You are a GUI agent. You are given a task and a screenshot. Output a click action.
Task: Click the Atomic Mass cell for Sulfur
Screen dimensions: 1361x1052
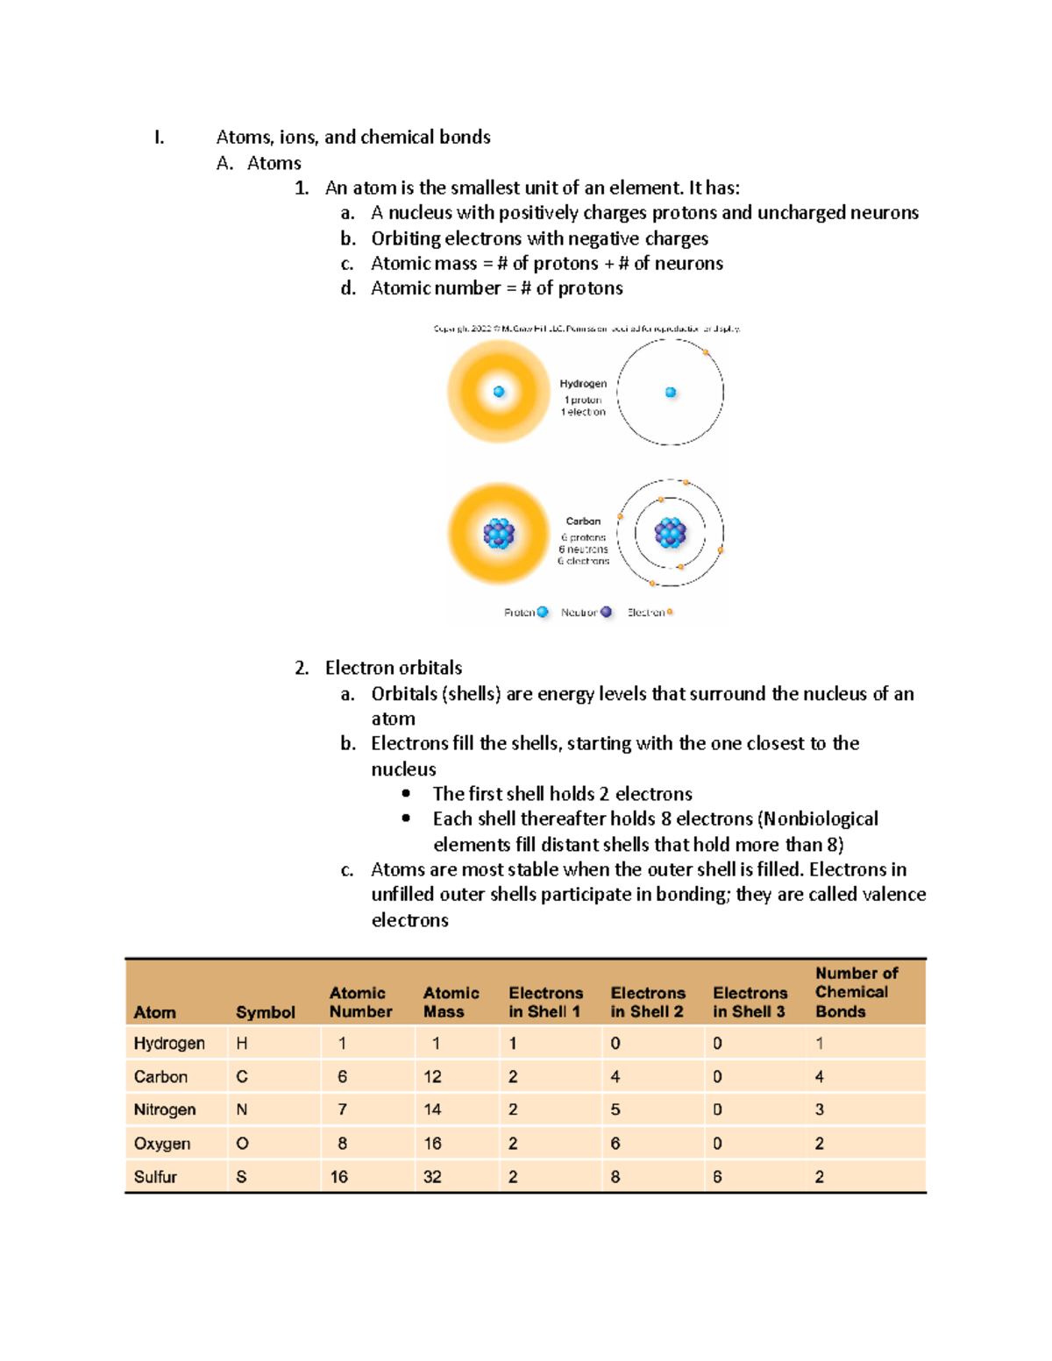[x=432, y=1176]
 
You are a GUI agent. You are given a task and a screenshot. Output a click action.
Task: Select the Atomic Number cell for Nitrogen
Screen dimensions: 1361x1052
[x=342, y=1109]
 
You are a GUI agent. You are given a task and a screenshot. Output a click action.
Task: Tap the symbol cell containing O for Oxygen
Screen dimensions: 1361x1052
[x=242, y=1143]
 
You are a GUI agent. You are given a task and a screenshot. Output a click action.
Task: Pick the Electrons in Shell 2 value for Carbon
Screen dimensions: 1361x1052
[x=615, y=1076]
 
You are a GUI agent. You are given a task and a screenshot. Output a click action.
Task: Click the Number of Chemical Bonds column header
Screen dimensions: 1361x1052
[x=856, y=992]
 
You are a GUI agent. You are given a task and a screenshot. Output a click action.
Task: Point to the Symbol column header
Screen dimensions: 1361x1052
[x=265, y=1012]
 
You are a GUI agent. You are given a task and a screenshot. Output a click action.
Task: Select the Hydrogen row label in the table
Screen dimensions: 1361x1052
[x=169, y=1043]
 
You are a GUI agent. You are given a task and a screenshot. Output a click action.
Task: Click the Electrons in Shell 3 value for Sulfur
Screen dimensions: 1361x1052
[x=717, y=1176]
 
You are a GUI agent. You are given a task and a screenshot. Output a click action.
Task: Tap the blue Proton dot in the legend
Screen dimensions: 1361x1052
[x=543, y=612]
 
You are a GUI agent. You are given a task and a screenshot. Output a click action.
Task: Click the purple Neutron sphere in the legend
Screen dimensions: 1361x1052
[x=606, y=612]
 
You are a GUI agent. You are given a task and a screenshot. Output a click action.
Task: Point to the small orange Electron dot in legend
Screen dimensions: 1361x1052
[x=670, y=612]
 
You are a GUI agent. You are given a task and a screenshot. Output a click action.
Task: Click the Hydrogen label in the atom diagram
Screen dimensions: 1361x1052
[x=583, y=384]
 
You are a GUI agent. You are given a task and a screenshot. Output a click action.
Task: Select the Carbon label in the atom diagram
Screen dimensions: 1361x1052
[x=583, y=521]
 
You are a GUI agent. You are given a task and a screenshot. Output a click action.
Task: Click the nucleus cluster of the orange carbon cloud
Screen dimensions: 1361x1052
[x=499, y=533]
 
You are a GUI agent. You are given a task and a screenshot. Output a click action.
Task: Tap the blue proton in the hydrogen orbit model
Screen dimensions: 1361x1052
[x=671, y=393]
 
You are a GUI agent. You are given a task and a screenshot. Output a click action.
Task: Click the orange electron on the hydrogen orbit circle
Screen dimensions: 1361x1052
[x=706, y=352]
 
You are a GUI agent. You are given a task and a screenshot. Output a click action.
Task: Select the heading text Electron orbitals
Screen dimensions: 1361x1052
[x=394, y=668]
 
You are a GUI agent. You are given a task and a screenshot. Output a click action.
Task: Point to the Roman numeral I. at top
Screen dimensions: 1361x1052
[x=159, y=137]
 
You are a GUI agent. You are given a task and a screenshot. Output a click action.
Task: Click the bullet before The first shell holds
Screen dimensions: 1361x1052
[x=406, y=793]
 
